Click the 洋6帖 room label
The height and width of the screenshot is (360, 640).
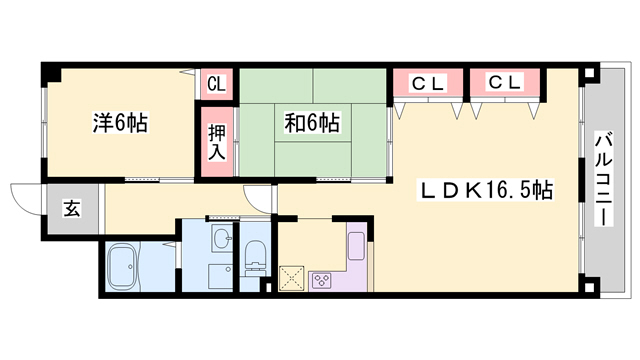click(120, 124)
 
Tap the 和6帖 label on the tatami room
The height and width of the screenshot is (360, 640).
click(312, 124)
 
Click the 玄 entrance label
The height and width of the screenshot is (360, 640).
click(73, 210)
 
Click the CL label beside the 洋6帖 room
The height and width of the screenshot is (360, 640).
click(216, 85)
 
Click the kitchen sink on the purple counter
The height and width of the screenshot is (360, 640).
click(357, 245)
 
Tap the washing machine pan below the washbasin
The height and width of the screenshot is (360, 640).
click(219, 274)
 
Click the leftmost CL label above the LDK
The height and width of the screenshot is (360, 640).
click(428, 84)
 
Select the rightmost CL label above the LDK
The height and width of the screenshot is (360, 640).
click(505, 83)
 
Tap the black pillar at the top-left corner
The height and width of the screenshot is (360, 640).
click(50, 74)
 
